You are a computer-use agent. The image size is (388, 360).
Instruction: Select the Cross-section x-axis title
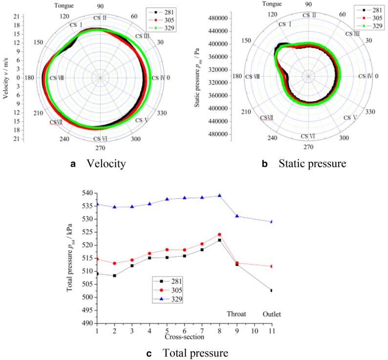click(x=184, y=337)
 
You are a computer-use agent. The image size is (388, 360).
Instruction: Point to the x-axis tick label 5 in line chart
click(x=167, y=330)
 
